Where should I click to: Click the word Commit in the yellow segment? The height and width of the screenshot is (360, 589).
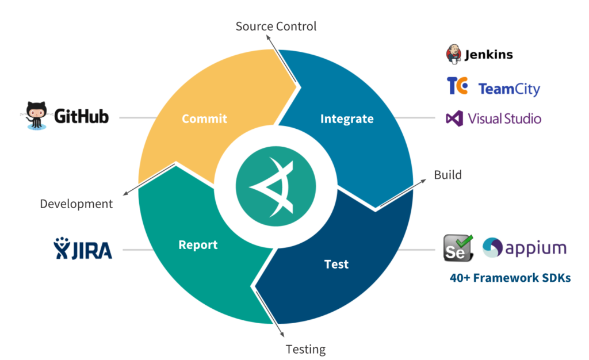[204, 119]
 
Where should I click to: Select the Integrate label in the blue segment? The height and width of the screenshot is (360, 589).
[346, 119]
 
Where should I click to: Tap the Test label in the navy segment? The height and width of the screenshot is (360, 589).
[336, 264]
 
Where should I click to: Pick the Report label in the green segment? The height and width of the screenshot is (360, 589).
[198, 244]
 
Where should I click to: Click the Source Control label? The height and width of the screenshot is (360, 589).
[276, 26]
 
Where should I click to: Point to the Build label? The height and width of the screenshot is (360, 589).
[448, 175]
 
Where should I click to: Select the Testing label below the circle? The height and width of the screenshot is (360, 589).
[305, 349]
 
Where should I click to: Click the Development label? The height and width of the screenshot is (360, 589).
[77, 204]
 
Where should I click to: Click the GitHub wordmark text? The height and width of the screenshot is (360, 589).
[81, 117]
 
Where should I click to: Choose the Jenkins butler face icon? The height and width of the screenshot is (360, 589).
[454, 54]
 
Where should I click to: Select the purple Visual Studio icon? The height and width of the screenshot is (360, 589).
[454, 119]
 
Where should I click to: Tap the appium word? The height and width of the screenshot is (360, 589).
[536, 248]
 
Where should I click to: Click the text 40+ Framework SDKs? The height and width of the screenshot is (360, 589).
[510, 278]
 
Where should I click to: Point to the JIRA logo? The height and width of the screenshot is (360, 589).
[83, 250]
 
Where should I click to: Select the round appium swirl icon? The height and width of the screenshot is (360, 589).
[493, 248]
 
